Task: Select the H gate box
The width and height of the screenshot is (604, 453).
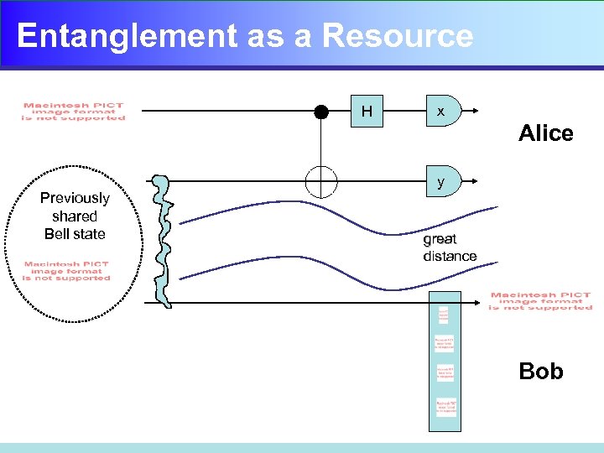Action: coord(367,112)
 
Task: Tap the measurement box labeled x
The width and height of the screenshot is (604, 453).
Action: coord(441,112)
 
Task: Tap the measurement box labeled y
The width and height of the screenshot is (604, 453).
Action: coord(441,181)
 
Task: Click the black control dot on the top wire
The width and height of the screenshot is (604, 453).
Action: coord(321,112)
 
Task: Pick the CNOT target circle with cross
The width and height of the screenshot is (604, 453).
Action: coord(321,180)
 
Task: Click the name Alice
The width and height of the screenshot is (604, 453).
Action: coord(545,133)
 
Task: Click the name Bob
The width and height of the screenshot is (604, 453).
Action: coord(541,371)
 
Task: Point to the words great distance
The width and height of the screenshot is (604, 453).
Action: coord(450,247)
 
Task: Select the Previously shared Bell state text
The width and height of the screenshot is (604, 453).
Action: coord(75,216)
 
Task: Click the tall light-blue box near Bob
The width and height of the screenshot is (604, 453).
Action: coord(445,361)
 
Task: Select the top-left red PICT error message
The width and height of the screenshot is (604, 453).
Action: coord(74,112)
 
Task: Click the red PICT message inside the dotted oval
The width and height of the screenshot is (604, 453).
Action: coord(67,271)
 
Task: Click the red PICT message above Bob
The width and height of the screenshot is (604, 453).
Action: coord(540,301)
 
